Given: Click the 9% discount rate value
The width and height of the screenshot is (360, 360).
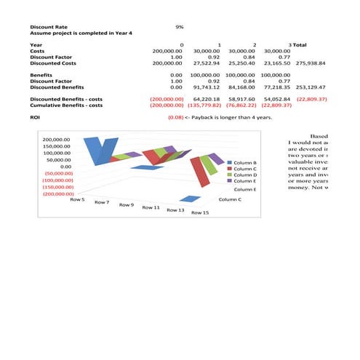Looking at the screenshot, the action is pyautogui.click(x=180, y=27).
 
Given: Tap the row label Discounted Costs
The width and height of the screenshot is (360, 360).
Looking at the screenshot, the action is pyautogui.click(x=53, y=63).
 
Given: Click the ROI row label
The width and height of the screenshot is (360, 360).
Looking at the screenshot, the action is pyautogui.click(x=34, y=116).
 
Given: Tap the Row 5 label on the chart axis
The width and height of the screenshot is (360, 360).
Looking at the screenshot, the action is pyautogui.click(x=77, y=199).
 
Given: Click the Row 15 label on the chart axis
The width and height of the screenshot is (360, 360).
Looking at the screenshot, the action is pyautogui.click(x=200, y=213).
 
